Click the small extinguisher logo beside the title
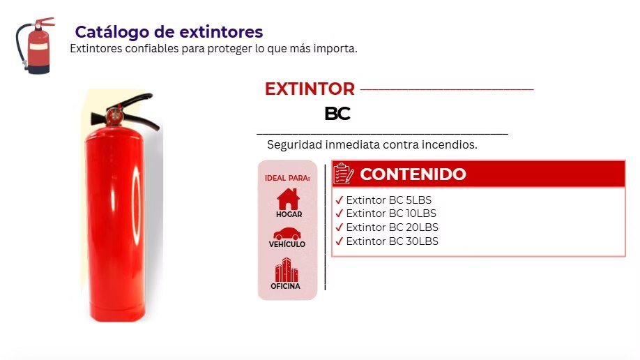tap(35, 46)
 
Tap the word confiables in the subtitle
tap(152, 49)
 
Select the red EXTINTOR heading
tap(310, 89)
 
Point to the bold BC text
tap(337, 114)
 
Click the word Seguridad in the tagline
tap(294, 144)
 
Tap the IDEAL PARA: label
tap(287, 178)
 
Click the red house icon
tap(288, 199)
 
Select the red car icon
tap(287, 234)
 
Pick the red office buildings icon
tap(287, 269)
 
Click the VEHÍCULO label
tap(287, 244)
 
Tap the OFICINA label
tap(285, 286)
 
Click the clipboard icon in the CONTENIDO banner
tap(343, 174)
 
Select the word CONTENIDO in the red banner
tap(413, 174)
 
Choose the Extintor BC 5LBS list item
tap(383, 200)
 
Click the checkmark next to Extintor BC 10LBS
tap(340, 213)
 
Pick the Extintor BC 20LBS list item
tap(386, 227)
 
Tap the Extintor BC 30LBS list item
tap(386, 241)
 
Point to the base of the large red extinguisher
tap(117, 312)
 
